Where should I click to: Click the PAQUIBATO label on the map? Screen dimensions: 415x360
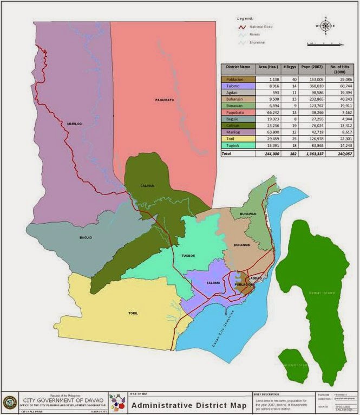coord(163,100)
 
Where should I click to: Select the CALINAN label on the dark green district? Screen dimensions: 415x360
coord(147,186)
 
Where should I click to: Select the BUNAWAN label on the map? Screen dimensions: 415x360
coord(248,214)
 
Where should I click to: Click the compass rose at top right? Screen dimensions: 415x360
coord(325,25)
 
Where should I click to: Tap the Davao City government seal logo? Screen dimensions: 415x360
coord(10,402)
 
